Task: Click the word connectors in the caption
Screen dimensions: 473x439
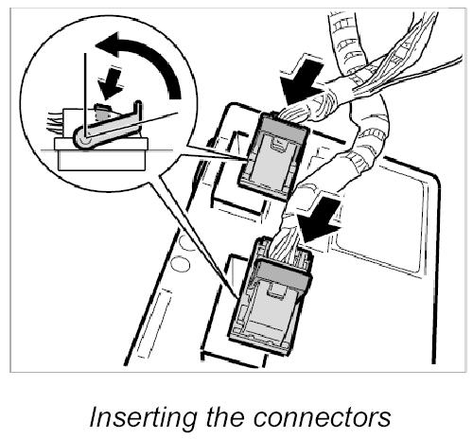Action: (322, 417)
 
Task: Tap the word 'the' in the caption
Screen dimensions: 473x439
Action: (225, 415)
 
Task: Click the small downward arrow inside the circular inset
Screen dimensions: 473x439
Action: (111, 83)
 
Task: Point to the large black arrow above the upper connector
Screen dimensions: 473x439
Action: (301, 82)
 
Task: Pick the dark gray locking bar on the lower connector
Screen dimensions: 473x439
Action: (283, 274)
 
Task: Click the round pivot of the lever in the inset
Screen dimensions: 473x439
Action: (83, 139)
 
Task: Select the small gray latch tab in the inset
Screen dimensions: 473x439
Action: (102, 111)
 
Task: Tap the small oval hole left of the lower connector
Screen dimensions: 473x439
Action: (179, 264)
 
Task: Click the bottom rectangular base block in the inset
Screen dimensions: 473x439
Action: (101, 160)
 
